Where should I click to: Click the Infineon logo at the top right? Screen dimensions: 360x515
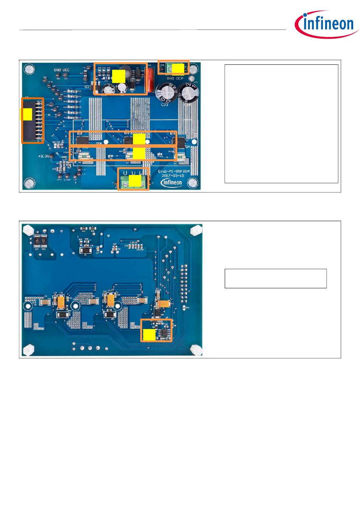click(326, 24)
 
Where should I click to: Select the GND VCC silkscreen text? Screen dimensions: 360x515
click(62, 70)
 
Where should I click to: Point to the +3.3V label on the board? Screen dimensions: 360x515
click(44, 156)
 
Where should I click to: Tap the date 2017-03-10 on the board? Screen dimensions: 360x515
click(172, 176)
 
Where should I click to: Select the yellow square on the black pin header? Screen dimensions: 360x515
click(27, 114)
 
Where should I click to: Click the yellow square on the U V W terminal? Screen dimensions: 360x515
click(134, 181)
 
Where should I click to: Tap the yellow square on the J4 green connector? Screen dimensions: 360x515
click(178, 68)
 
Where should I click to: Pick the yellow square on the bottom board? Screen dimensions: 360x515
click(149, 335)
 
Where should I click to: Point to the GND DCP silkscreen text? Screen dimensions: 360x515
click(175, 79)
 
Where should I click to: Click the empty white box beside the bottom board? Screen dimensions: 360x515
click(275, 278)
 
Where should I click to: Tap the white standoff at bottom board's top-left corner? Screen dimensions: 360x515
click(28, 229)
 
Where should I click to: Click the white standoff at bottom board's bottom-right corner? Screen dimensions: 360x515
click(195, 350)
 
